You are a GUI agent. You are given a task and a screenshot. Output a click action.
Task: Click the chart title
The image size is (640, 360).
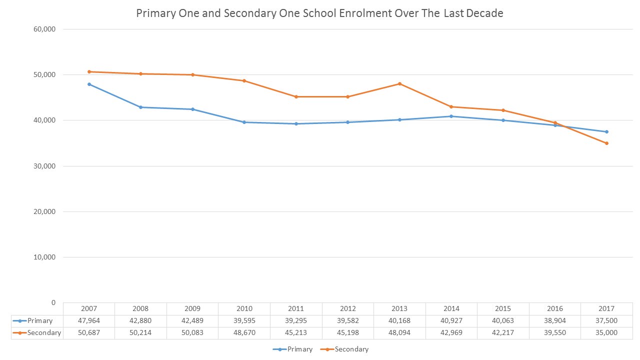click(x=320, y=13)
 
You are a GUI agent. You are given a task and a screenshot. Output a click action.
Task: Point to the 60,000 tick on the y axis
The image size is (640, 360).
click(x=45, y=29)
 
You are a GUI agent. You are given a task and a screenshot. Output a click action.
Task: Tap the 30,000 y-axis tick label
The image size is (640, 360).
click(x=45, y=166)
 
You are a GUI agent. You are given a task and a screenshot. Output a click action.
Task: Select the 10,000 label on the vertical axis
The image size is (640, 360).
click(x=45, y=257)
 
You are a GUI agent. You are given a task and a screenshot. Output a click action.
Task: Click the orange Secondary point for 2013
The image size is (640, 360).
click(x=399, y=83)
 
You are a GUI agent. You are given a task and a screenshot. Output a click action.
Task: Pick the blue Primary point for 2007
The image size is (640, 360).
click(x=89, y=84)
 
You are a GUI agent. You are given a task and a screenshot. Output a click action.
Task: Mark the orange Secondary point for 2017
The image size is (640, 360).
click(x=606, y=143)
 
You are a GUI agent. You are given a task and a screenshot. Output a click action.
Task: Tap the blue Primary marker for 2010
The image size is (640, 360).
click(x=244, y=122)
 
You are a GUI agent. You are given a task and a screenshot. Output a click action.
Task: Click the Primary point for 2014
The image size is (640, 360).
click(x=451, y=116)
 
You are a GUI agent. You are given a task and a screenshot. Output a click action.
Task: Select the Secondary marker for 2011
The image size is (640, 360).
click(x=296, y=96)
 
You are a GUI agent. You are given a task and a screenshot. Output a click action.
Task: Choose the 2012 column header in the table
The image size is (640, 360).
click(x=348, y=309)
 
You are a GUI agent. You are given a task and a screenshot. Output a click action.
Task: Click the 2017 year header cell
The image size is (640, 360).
click(x=606, y=309)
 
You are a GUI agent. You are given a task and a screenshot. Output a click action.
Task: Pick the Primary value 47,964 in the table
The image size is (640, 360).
click(x=89, y=321)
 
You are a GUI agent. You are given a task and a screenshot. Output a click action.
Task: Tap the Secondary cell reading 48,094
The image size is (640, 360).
click(x=399, y=333)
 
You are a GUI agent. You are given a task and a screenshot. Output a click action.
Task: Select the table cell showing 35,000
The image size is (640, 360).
click(x=606, y=333)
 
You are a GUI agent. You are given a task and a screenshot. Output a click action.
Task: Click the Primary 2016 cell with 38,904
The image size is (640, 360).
click(x=555, y=321)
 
